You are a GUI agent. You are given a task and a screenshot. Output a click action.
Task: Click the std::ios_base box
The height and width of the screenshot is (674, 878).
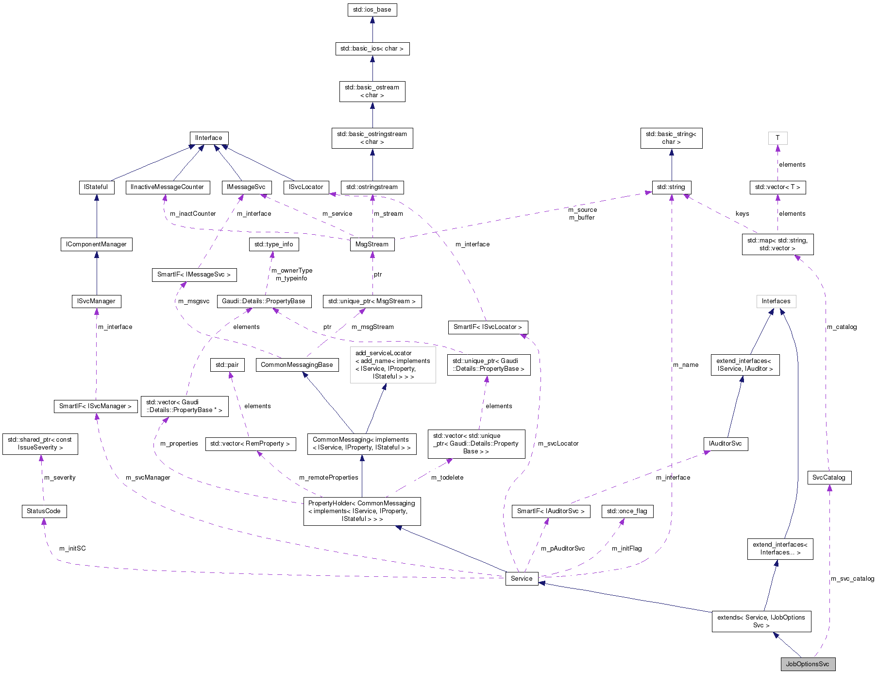[372, 10]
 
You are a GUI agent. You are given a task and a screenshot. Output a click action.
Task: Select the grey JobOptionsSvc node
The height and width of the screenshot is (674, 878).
[808, 664]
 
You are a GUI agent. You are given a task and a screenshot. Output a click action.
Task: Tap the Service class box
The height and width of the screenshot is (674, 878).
[522, 578]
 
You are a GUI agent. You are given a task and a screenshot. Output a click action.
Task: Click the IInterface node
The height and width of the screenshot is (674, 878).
[208, 138]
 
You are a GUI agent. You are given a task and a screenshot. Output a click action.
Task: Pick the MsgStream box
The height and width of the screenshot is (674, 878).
[371, 244]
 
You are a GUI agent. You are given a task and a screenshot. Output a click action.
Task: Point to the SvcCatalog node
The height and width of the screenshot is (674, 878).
[828, 477]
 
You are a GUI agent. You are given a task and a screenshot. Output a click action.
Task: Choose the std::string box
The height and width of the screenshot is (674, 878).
[671, 187]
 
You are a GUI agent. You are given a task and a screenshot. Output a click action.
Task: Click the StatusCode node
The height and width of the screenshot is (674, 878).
[44, 511]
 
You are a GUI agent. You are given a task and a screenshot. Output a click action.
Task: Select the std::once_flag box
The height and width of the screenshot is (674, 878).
[627, 511]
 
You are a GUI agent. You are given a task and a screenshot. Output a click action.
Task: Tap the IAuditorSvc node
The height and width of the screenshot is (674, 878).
[726, 444]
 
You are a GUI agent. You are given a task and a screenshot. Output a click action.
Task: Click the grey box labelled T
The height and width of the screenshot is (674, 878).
[777, 138]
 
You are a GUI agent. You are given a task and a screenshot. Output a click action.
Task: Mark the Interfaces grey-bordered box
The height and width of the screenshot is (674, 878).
[776, 301]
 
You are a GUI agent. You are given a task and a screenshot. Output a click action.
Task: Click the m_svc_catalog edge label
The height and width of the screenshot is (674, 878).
[852, 578]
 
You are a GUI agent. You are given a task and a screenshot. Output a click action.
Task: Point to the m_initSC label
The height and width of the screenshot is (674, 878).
[72, 548]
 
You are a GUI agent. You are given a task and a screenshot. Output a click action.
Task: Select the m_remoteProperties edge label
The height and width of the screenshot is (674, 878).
[329, 477]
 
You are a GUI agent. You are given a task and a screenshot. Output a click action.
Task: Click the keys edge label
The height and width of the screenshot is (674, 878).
[742, 214]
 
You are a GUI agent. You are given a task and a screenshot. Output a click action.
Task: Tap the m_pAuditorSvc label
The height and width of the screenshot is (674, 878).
[563, 548]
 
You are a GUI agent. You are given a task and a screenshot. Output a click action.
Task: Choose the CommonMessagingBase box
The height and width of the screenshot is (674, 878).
[297, 365]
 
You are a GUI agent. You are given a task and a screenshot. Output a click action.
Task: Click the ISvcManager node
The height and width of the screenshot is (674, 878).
[96, 301]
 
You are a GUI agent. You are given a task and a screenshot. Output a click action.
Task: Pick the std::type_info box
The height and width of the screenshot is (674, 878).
[273, 244]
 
